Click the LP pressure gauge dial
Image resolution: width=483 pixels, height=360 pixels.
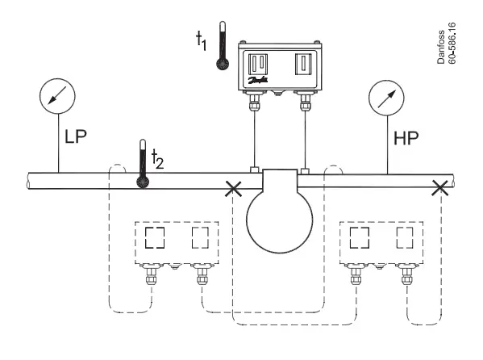[x=57, y=98]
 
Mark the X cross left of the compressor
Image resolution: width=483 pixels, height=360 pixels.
[x=234, y=190]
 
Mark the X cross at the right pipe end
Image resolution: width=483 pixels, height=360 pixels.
[x=439, y=190]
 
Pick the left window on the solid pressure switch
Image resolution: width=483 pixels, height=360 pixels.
[x=259, y=61]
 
